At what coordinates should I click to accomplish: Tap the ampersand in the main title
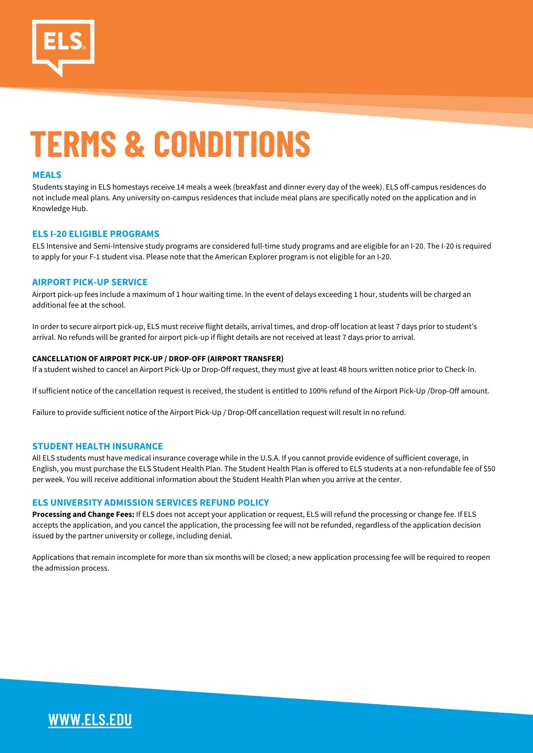(135, 144)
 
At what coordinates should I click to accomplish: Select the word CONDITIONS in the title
(232, 144)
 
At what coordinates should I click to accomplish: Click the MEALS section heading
(47, 175)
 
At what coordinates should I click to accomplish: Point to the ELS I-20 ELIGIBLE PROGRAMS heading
(96, 234)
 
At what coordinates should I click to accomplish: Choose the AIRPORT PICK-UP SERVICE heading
(90, 282)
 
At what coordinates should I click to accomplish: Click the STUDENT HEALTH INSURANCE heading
(98, 446)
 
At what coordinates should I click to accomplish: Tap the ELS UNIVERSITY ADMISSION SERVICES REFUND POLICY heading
(150, 503)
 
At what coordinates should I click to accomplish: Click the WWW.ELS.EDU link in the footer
(90, 719)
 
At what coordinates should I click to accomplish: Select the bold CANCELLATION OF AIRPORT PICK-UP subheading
(158, 359)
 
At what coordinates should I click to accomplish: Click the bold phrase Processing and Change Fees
(83, 514)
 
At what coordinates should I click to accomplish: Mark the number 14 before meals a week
(180, 187)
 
